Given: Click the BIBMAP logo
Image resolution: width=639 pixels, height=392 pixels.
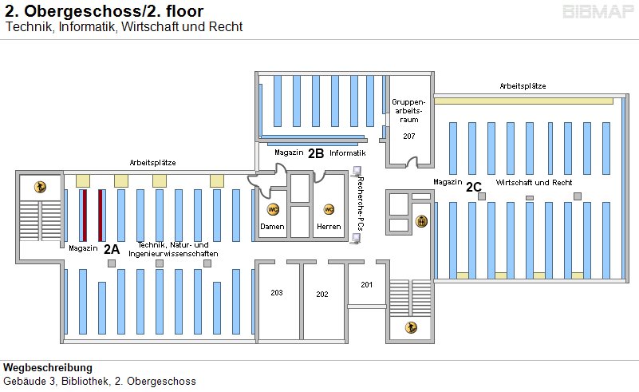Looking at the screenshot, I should (598, 11).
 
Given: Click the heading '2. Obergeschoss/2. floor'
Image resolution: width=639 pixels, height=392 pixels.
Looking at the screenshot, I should (104, 11).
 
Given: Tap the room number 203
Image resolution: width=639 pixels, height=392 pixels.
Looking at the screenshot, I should (277, 293).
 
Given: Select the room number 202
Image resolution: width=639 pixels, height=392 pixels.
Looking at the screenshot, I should (322, 294).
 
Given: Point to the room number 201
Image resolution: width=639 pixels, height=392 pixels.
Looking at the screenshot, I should (366, 284).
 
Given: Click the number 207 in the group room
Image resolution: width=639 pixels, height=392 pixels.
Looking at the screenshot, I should (409, 137).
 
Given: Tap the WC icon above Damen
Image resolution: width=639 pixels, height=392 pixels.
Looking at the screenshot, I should (273, 209).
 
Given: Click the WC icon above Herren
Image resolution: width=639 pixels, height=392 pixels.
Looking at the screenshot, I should (328, 209).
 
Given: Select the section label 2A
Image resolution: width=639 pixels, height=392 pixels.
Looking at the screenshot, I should (111, 248).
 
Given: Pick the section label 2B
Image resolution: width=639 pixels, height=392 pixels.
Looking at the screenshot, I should (316, 152).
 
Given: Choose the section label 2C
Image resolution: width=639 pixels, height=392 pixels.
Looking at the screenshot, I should (474, 187).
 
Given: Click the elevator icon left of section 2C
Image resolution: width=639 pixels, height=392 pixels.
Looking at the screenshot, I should (422, 221).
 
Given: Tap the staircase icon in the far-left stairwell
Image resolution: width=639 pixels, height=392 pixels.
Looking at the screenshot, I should (39, 187).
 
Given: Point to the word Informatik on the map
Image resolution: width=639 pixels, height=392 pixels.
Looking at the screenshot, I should (348, 152).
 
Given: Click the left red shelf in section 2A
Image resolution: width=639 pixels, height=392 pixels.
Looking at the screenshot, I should (82, 214).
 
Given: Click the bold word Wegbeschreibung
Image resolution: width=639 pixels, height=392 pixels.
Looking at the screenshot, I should (48, 368).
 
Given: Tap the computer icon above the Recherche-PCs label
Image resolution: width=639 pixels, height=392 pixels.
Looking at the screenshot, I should (357, 170).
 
